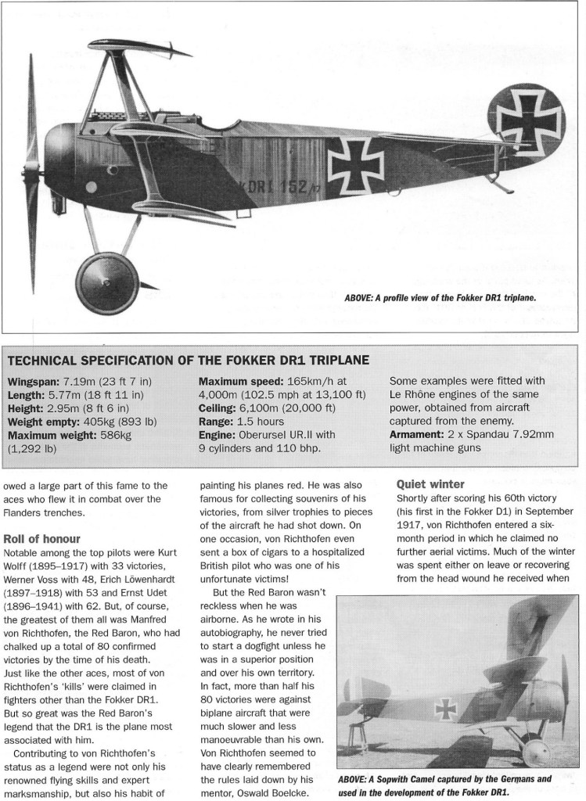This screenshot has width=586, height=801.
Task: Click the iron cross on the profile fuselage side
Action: pos(355,164)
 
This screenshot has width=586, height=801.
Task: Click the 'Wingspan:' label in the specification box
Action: pos(35,382)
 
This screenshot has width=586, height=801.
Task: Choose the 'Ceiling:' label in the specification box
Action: pos(221,408)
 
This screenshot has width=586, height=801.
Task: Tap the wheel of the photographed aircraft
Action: pos(536,753)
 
